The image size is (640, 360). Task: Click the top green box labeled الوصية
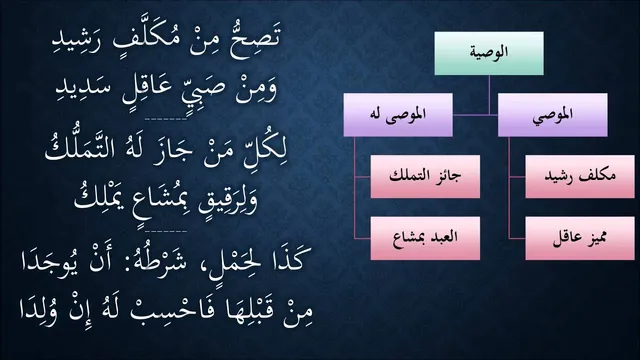tap(489, 53)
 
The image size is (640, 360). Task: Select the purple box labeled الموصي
tap(553, 115)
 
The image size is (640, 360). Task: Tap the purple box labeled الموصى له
tap(398, 115)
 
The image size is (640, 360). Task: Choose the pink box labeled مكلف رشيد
tap(580, 176)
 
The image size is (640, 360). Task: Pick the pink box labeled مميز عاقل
tap(580, 238)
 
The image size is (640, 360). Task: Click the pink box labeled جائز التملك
tap(425, 176)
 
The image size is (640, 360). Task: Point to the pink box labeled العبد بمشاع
tap(425, 238)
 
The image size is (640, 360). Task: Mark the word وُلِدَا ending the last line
tap(38, 313)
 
